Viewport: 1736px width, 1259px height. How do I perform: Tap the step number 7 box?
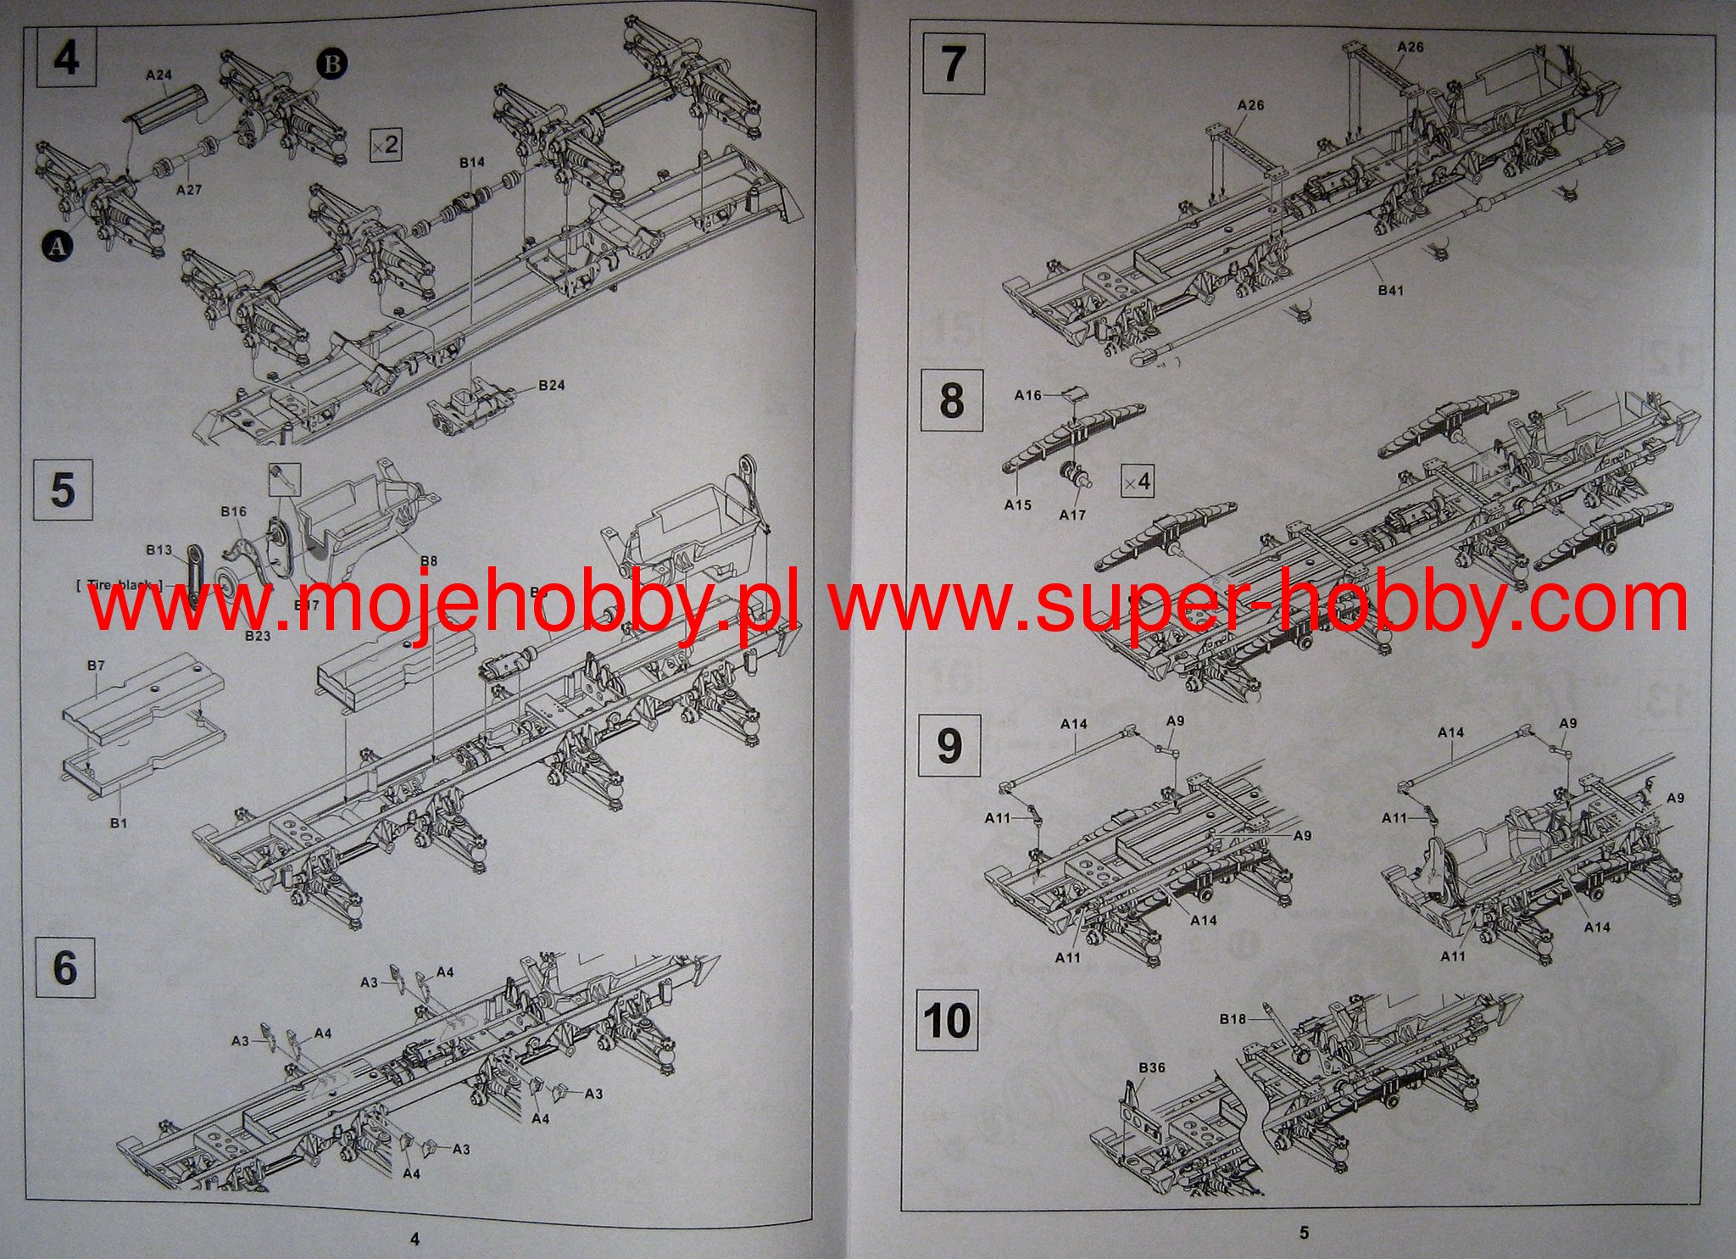pos(953,64)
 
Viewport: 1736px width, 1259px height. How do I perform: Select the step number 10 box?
pos(948,1020)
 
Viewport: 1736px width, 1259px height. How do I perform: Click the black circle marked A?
pos(57,246)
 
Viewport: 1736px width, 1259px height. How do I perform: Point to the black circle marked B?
pos(331,64)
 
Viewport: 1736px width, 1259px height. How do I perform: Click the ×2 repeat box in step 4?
pos(386,145)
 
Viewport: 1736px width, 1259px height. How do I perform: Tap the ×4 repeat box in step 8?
pos(1137,481)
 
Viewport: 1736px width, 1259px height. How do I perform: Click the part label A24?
pos(159,75)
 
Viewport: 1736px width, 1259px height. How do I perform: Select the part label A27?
pos(189,190)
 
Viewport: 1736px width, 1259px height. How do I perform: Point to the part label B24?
pos(551,385)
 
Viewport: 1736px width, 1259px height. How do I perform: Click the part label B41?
pos(1390,290)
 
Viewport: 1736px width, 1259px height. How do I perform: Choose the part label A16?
pos(1028,395)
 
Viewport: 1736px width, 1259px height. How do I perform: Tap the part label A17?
pos(1072,515)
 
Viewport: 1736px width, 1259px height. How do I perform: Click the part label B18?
pos(1232,1018)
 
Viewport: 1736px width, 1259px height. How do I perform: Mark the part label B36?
pos(1152,1067)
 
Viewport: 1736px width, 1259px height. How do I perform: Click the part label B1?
pos(119,822)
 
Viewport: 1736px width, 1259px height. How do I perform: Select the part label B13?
pos(159,550)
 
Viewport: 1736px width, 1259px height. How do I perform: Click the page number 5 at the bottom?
pos(1304,1232)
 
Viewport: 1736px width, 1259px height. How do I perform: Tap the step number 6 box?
pos(64,967)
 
